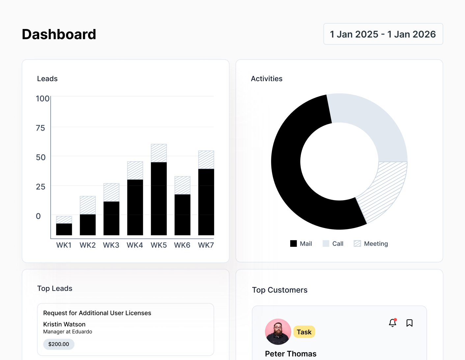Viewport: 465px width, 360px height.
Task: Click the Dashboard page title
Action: click(x=59, y=34)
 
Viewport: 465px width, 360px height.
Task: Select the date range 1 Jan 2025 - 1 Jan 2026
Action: click(x=383, y=34)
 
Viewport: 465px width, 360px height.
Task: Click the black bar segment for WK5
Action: click(x=159, y=198)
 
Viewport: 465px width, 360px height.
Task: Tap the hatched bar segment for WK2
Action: click(x=88, y=205)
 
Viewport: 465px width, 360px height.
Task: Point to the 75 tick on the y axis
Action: click(x=41, y=128)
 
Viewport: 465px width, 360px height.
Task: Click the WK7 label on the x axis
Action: click(x=206, y=245)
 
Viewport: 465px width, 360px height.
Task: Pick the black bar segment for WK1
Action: click(x=64, y=229)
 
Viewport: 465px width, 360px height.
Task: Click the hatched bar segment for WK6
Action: click(x=182, y=185)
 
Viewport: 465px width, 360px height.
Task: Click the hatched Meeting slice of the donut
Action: click(x=384, y=191)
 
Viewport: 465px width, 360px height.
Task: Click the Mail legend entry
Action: click(x=301, y=244)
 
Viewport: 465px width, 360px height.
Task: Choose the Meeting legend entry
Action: click(x=371, y=244)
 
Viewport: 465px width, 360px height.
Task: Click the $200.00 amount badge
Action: click(x=59, y=344)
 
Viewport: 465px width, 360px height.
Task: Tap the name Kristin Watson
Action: click(x=64, y=324)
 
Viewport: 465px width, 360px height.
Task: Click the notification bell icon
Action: click(x=393, y=323)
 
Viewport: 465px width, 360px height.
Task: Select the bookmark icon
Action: click(x=409, y=323)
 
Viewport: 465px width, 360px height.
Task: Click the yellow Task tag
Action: click(x=304, y=332)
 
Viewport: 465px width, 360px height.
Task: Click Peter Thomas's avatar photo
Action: click(x=278, y=332)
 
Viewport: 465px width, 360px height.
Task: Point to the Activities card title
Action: click(x=266, y=79)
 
